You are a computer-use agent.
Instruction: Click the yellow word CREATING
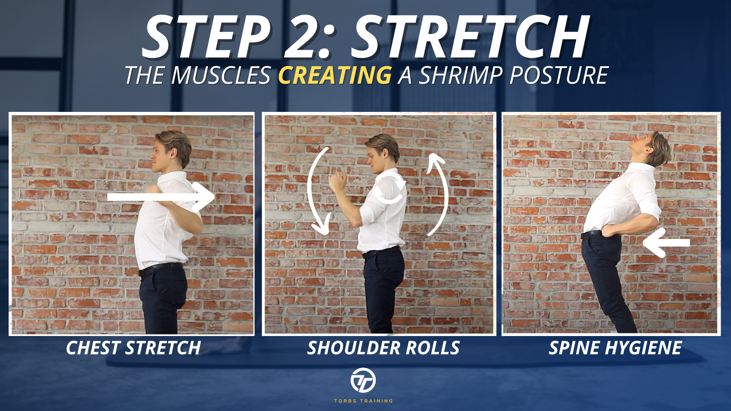tap(335, 75)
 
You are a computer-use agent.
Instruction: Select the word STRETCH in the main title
tap(471, 37)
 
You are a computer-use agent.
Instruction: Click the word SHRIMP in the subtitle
tap(461, 75)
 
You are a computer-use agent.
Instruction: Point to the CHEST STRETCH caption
tap(133, 348)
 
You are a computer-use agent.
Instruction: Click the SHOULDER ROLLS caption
tap(383, 348)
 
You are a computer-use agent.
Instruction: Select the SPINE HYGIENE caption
tap(615, 348)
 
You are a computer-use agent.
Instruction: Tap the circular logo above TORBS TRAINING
tap(363, 380)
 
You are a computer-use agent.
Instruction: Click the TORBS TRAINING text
tap(363, 401)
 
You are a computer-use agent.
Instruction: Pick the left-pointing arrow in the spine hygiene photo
tap(666, 243)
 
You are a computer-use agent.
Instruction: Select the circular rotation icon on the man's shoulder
tap(389, 188)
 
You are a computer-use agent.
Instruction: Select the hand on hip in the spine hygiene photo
tap(609, 231)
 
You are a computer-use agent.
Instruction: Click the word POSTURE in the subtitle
tap(559, 75)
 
